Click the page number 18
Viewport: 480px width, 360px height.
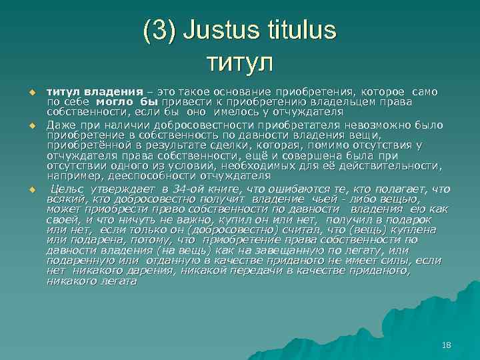(446, 345)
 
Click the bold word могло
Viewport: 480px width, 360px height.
(117, 102)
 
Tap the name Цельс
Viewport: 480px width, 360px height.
(69, 189)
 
